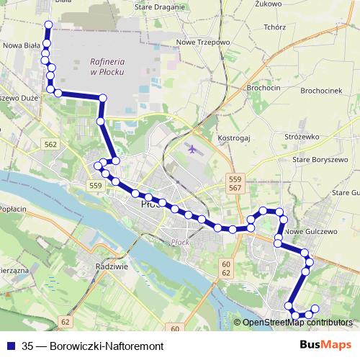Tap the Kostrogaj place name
[x=233, y=136]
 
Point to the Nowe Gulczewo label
[x=311, y=232]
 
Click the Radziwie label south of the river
[x=111, y=266]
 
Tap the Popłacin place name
[x=16, y=205]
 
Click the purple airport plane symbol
[x=192, y=149]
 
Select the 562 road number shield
[x=50, y=145]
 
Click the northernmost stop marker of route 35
[x=49, y=25]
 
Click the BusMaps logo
[x=325, y=344]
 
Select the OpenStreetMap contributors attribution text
[x=297, y=323]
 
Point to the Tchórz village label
[x=275, y=27]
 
